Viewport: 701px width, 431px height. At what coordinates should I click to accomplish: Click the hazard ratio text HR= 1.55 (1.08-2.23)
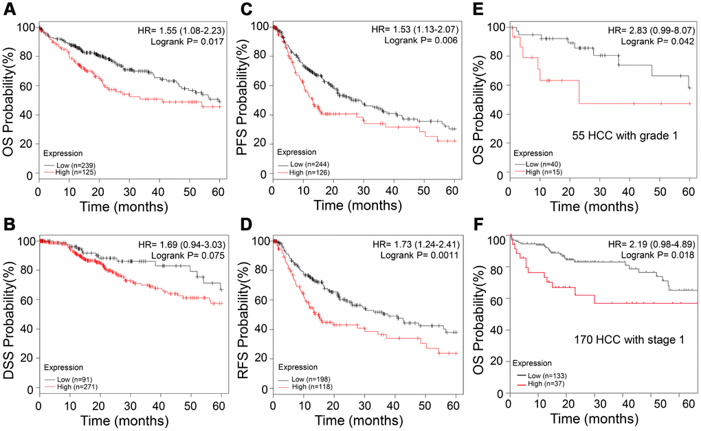(x=181, y=31)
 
